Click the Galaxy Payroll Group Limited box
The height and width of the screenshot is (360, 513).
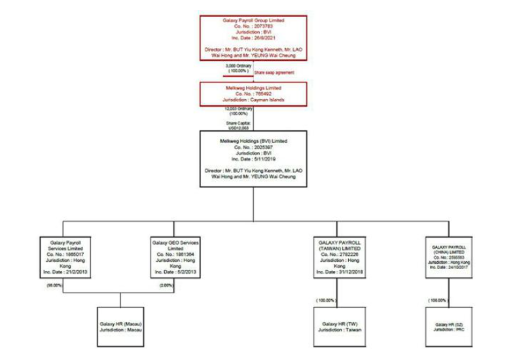(x=253, y=38)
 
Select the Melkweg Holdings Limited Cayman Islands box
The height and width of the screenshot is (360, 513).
(x=253, y=94)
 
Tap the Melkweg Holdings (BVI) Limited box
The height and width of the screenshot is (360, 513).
(x=253, y=158)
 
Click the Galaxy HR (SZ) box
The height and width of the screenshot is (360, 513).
(x=448, y=325)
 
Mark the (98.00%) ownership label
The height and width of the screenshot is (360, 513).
(x=56, y=285)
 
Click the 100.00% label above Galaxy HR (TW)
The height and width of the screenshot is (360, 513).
(x=325, y=300)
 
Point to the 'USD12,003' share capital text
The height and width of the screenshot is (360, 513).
(x=234, y=127)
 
